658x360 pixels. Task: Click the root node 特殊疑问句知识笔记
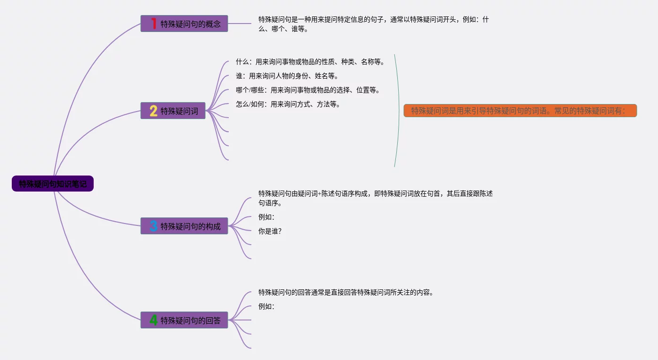(53, 184)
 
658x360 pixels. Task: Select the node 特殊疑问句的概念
(190, 24)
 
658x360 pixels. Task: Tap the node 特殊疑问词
(179, 111)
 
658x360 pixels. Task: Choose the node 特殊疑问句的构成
(190, 226)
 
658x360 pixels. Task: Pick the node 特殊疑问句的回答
(190, 320)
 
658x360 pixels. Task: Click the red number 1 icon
(153, 24)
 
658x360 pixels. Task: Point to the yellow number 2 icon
(153, 111)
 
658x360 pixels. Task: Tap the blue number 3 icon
(153, 226)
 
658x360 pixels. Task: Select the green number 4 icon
(153, 320)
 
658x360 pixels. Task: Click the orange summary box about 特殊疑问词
(520, 111)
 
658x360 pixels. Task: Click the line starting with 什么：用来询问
(310, 62)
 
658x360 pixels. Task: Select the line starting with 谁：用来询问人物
(287, 76)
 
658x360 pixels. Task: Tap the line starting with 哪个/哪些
(308, 90)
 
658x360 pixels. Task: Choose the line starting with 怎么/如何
(288, 104)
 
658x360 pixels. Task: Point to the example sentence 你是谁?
(270, 231)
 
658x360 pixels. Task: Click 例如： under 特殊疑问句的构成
(266, 217)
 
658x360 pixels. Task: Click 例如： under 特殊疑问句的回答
(266, 306)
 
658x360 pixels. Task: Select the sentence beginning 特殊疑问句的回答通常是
(345, 292)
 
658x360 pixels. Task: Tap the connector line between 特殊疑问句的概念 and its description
(240, 24)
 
